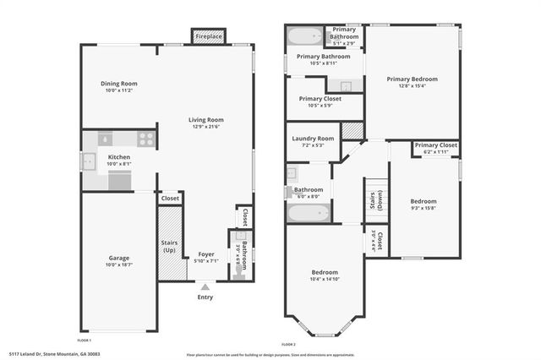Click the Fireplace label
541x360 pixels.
[209, 37]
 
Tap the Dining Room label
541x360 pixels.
[119, 84]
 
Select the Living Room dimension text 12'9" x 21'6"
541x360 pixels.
[205, 127]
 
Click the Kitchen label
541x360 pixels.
[118, 157]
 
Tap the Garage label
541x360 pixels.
[118, 258]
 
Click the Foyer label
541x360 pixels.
[206, 254]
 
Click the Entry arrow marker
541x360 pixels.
[205, 287]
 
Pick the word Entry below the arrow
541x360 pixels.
[205, 297]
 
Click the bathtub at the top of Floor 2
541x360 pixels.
[305, 36]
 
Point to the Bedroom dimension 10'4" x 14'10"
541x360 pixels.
[325, 280]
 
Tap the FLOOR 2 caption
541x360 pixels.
[288, 345]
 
